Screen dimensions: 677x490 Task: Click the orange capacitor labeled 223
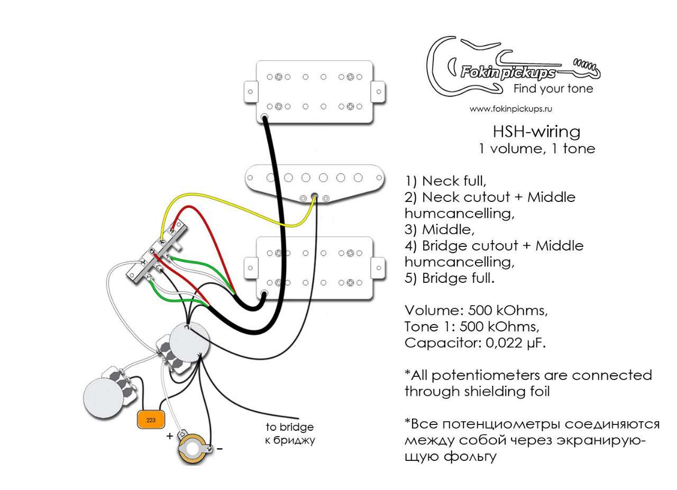151,420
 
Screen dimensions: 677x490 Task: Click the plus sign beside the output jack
170,436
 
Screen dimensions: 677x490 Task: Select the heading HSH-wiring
536,132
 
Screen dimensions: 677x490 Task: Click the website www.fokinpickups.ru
511,109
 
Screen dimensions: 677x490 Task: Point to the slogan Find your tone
553,88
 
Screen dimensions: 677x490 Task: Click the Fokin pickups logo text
508,73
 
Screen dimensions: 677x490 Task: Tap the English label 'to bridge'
289,427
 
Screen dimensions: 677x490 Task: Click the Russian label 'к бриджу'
289,440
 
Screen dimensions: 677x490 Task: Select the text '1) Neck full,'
445,181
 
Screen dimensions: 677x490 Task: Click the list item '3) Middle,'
440,229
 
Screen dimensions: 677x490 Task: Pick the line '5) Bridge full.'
450,278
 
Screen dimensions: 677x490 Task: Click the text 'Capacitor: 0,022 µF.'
475,343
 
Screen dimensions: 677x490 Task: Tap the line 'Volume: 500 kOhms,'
476,311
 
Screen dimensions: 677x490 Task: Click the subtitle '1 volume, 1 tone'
537,149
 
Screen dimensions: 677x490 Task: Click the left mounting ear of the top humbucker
251,91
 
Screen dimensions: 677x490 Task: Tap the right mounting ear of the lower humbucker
378,268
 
